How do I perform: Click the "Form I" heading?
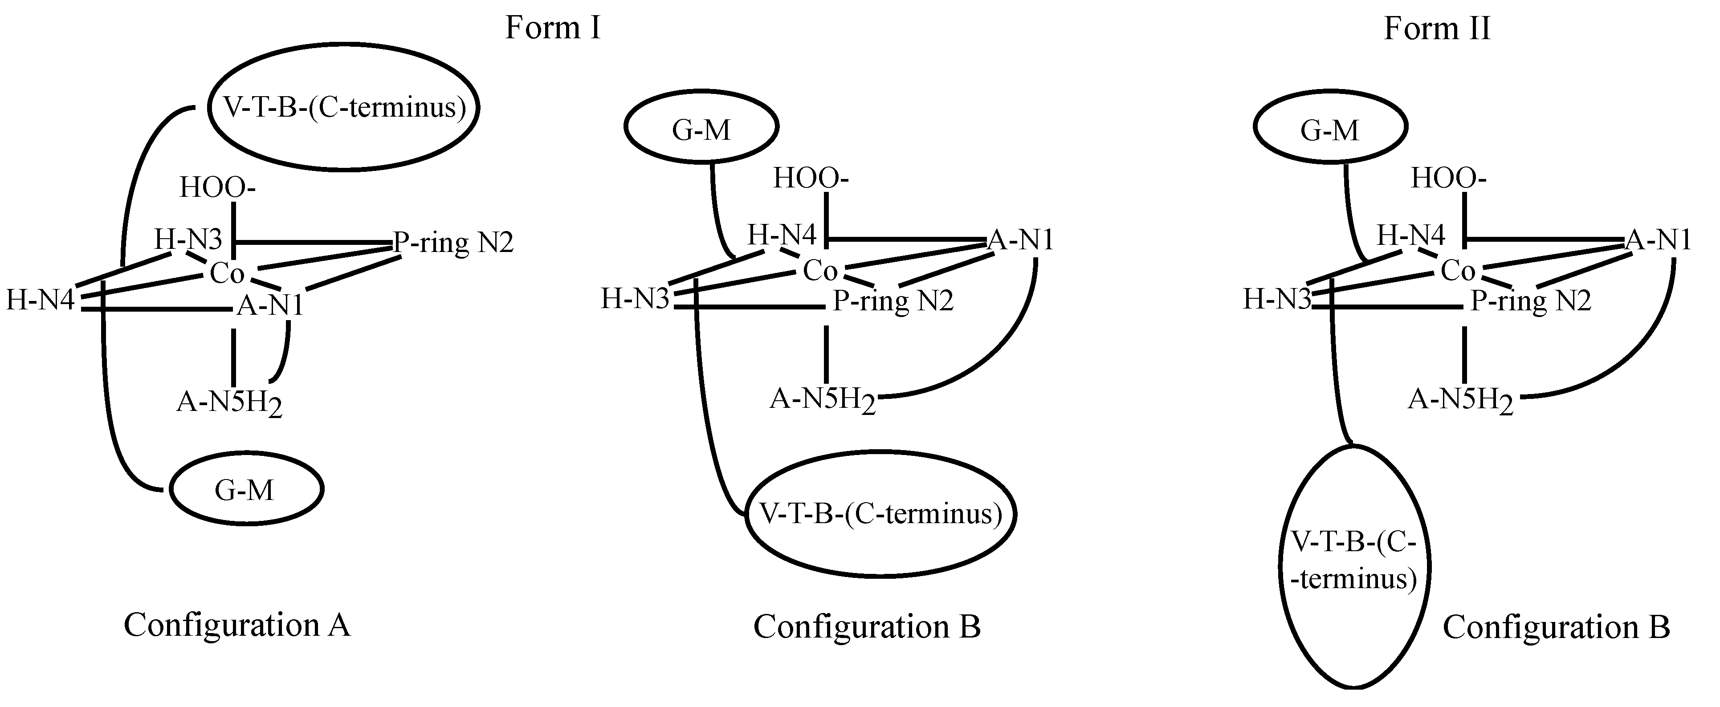553,28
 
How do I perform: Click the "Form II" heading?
1437,28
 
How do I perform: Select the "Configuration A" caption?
237,625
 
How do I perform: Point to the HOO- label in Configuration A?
217,187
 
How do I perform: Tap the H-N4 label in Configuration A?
40,301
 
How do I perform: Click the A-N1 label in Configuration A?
270,305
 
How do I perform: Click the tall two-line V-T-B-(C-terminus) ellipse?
1354,566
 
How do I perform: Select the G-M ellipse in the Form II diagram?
1330,128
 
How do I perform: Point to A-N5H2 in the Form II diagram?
1460,401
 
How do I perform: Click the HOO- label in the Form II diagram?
1448,178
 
